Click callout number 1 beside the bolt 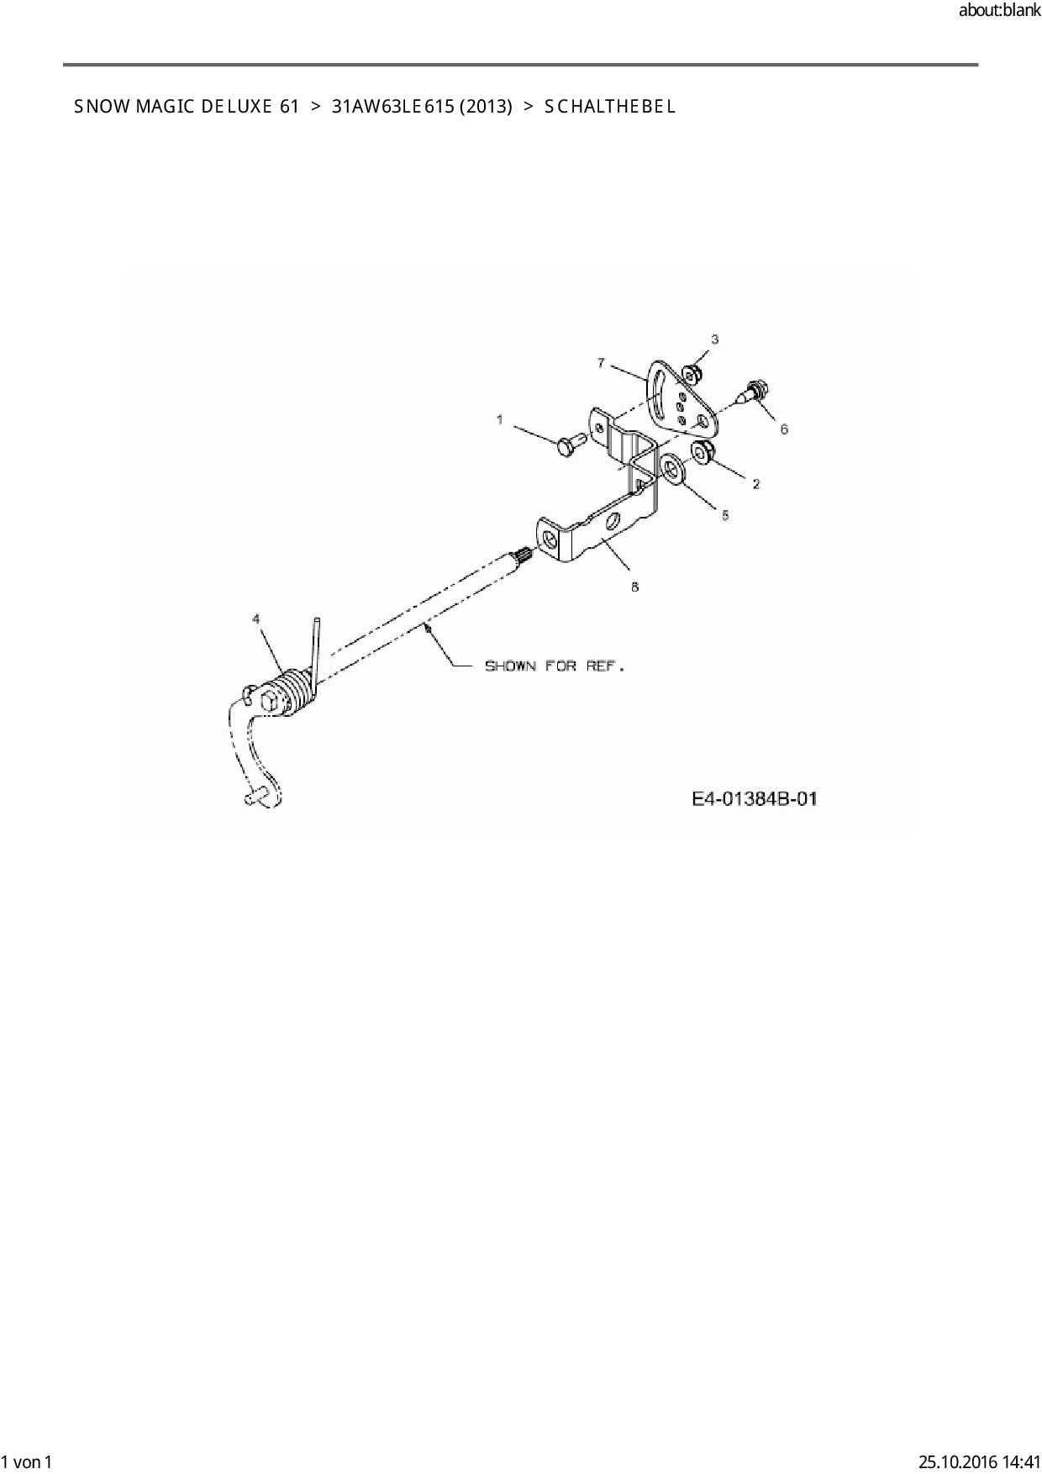500,419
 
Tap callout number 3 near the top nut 715,340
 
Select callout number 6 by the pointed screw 784,429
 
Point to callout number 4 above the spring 256,619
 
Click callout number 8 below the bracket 634,587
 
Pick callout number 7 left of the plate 601,363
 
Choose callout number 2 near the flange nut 755,484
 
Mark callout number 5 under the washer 725,515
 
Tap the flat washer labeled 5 672,467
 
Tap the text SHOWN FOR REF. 555,666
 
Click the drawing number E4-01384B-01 755,798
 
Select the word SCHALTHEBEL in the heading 610,107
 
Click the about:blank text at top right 1000,11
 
